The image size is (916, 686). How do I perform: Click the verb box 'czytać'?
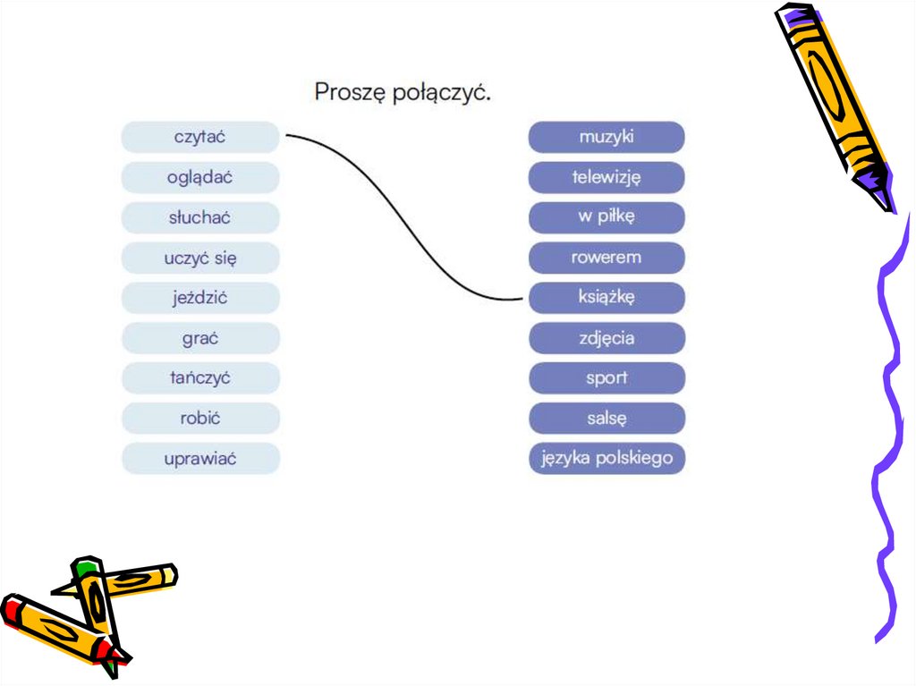pos(200,138)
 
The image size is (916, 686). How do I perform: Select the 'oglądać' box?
pos(200,178)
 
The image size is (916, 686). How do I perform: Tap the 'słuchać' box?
pos(200,218)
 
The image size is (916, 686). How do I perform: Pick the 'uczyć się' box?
pos(200,258)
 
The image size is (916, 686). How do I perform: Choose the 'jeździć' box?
pos(200,299)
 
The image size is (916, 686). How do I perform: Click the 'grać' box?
pos(200,339)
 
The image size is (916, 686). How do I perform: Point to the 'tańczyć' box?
pos(200,378)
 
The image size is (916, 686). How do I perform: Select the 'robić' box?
pos(200,419)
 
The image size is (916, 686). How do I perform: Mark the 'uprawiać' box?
pos(200,459)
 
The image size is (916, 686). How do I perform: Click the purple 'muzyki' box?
pos(606,138)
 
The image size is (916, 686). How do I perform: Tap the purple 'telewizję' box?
pos(606,178)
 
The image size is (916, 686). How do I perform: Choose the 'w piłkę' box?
pos(606,218)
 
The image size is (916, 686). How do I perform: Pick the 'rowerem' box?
pos(606,258)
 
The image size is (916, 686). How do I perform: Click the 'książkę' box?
pos(606,299)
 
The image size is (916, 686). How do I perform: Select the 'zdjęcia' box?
pos(606,339)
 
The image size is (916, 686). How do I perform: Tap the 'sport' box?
pos(606,378)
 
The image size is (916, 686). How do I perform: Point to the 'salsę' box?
pos(606,419)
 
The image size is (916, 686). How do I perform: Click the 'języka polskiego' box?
pos(606,459)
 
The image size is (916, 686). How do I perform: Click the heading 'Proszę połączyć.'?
pos(403,92)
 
